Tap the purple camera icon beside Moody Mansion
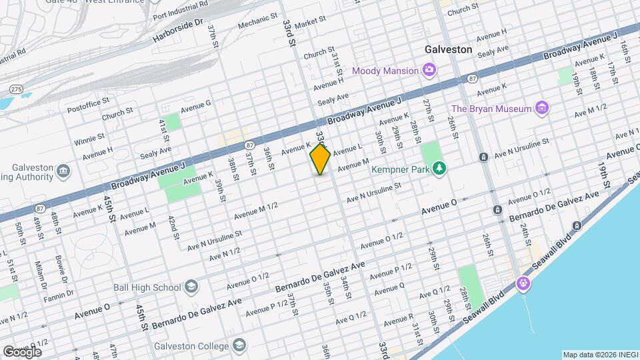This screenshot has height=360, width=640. click(429, 71)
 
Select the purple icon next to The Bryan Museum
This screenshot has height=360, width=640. click(542, 109)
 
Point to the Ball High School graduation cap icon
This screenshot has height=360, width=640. click(192, 287)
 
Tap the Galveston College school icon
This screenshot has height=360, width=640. click(239, 345)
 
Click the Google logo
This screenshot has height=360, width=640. click(21, 352)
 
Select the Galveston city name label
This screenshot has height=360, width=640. click(449, 49)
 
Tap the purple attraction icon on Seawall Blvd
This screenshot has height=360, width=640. click(524, 283)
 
